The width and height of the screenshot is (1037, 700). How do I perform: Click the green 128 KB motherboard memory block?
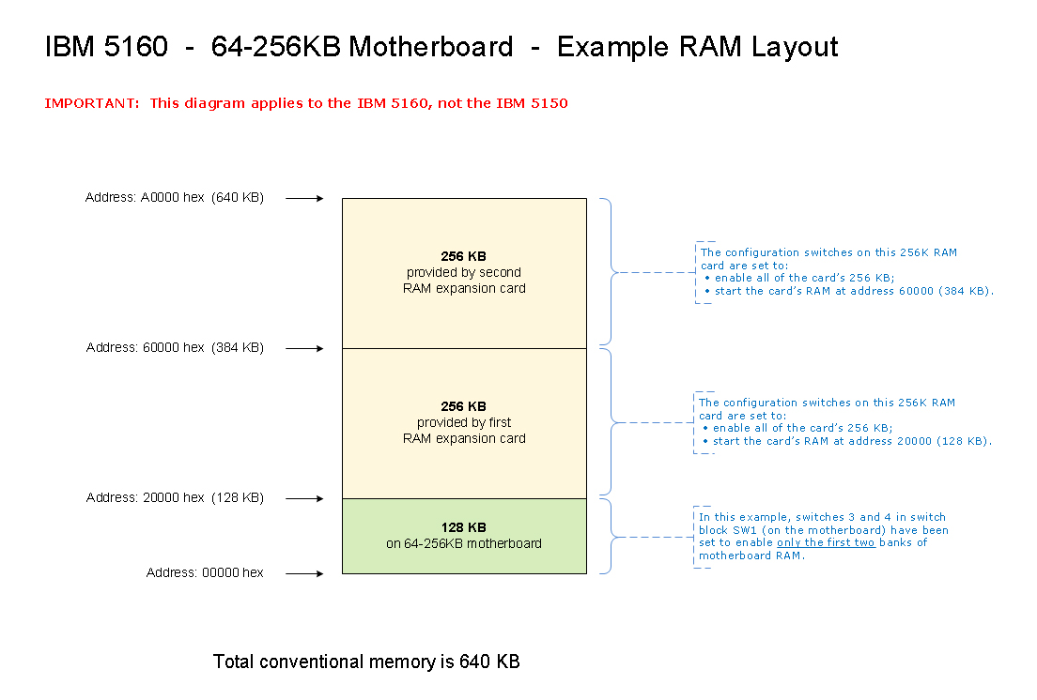pos(464,536)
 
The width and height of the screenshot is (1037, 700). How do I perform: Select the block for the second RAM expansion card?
pos(464,272)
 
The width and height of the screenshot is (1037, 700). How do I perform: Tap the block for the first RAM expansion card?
pos(464,422)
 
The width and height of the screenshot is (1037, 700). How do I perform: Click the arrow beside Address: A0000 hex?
pos(304,198)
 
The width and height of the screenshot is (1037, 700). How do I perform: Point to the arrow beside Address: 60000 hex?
pos(304,348)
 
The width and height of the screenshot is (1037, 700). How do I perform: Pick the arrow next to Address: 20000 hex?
pos(304,498)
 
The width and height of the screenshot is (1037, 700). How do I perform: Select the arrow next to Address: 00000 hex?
pos(304,573)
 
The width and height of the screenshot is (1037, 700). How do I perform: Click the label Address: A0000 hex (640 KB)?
pos(175,198)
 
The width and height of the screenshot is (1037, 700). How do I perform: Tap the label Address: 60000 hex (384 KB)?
pos(175,348)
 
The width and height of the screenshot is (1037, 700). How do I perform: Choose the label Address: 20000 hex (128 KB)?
pos(175,498)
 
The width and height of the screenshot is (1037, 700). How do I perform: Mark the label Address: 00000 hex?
pos(205,573)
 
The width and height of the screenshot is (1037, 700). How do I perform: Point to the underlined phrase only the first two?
pos(826,543)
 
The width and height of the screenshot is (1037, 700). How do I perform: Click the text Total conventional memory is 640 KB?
pos(366,662)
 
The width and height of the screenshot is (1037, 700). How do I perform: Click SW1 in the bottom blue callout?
pos(731,531)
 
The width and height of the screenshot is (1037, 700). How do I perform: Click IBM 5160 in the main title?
pos(106,47)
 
